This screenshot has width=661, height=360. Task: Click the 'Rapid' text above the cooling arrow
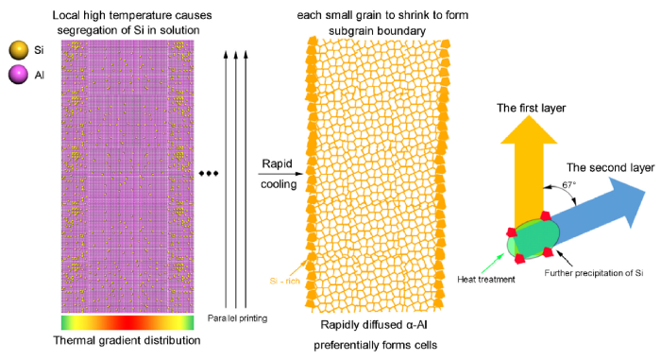[x=275, y=162]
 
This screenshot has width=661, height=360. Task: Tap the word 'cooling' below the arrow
[x=276, y=186]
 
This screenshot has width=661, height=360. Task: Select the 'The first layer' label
[x=531, y=109]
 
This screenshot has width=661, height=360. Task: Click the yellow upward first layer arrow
[x=532, y=170]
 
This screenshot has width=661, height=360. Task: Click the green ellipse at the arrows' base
[x=534, y=236]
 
